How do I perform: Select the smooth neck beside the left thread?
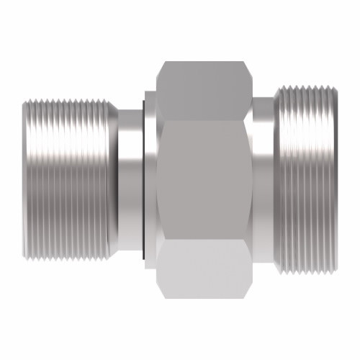131,180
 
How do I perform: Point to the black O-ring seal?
147,180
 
